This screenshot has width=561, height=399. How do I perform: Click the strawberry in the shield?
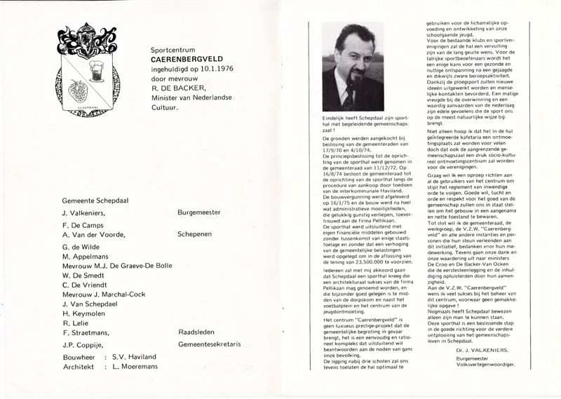(79, 90)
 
